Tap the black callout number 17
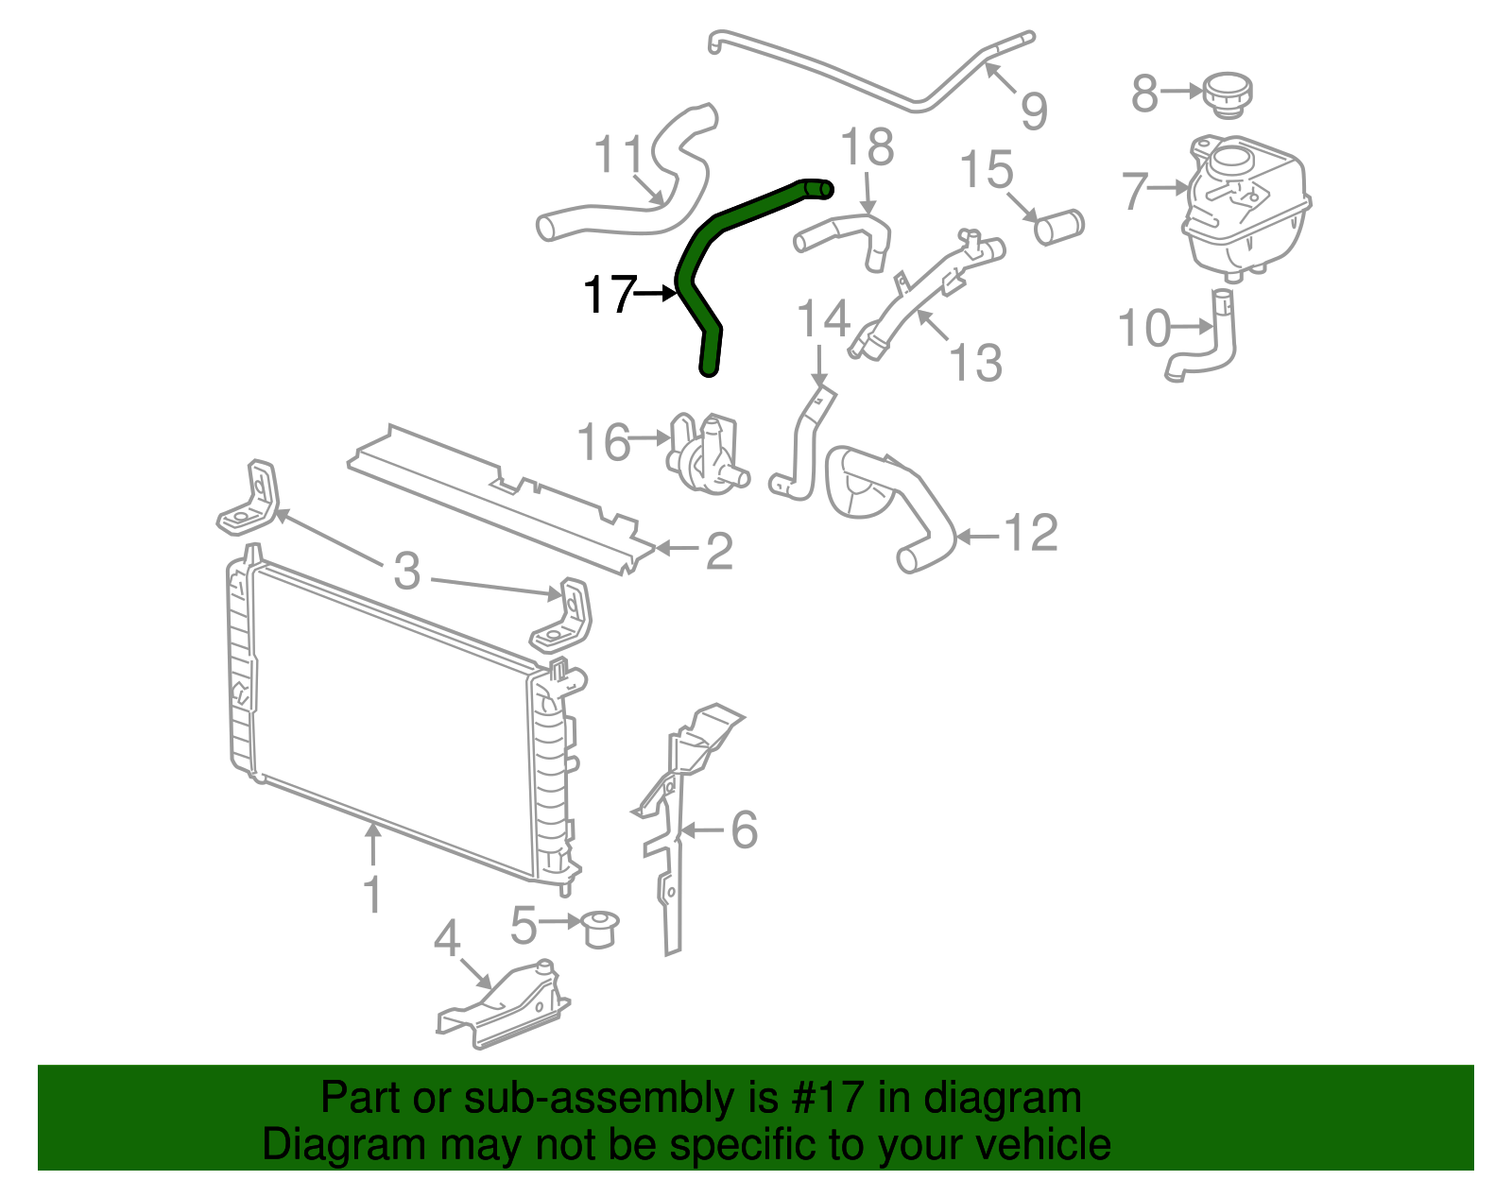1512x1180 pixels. [609, 295]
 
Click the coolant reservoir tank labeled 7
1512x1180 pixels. [1246, 208]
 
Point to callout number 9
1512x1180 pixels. [1034, 111]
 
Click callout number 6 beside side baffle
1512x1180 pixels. [745, 829]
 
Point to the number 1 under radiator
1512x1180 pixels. [373, 894]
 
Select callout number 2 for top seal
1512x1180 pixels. [719, 551]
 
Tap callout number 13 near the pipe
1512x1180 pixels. [975, 362]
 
